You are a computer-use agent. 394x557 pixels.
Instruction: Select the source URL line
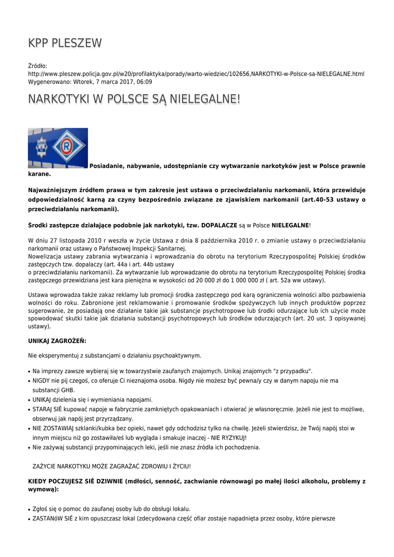pos(196,73)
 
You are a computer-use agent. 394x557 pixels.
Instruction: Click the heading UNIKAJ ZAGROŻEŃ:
pos(57,341)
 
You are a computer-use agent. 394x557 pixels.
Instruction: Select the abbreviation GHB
pos(67,390)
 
